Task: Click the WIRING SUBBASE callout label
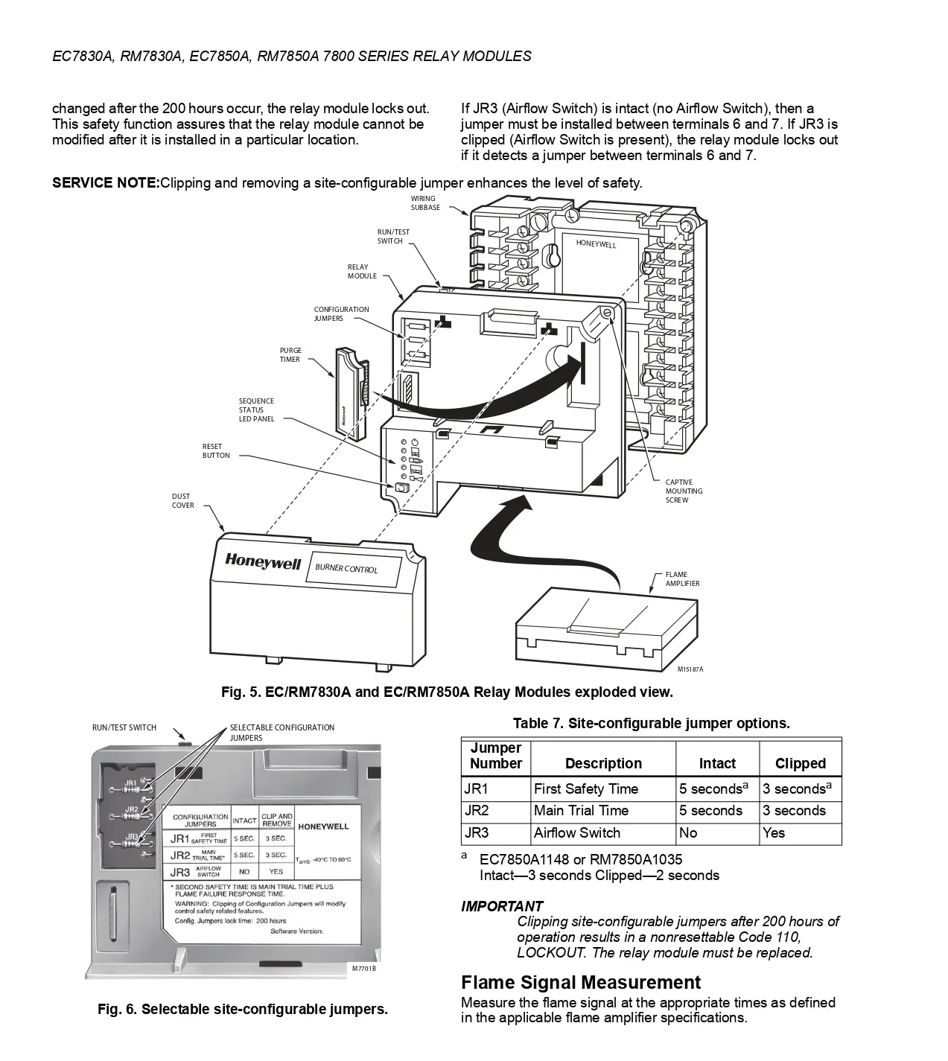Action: (x=425, y=203)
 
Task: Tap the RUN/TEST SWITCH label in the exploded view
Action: (x=392, y=237)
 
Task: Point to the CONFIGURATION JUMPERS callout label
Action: (x=341, y=314)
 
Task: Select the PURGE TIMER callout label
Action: (x=290, y=355)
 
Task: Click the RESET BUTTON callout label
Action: (x=216, y=451)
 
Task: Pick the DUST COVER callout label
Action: (x=182, y=501)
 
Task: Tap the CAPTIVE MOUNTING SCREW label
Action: (x=684, y=491)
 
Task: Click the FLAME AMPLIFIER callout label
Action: (x=682, y=579)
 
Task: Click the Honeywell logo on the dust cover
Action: (x=263, y=562)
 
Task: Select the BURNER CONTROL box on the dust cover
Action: (x=352, y=569)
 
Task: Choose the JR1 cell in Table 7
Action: (x=476, y=789)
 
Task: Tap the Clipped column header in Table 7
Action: (x=800, y=764)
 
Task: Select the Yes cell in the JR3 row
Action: (x=774, y=833)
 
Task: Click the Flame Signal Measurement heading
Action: (x=581, y=983)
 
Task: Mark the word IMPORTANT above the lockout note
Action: (x=502, y=906)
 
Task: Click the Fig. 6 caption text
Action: (x=243, y=1010)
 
